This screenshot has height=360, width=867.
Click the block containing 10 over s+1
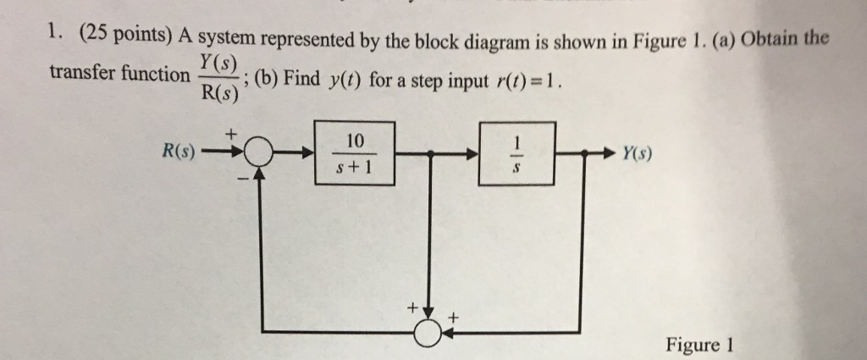pos(351,153)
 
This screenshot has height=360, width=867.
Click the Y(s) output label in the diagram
pos(637,154)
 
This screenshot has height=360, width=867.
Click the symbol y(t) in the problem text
pos(344,80)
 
